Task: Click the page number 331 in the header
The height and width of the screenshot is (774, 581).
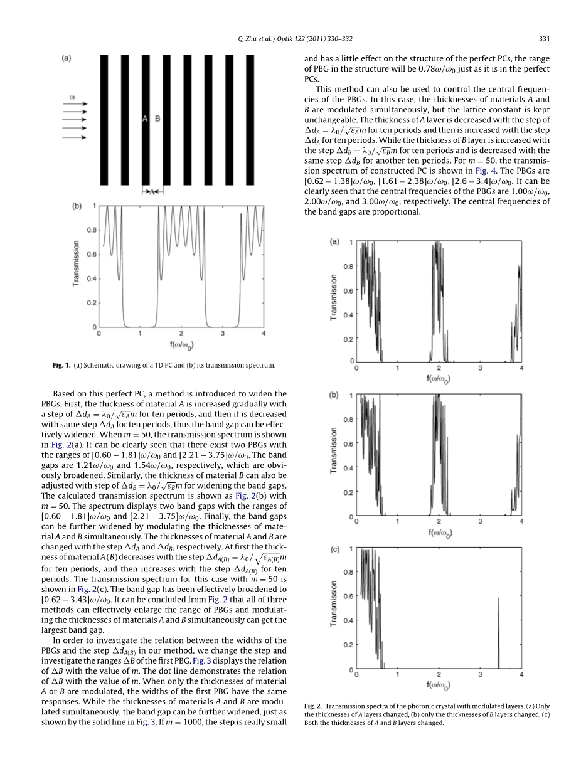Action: [x=544, y=40]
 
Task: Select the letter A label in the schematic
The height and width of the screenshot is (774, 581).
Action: [x=144, y=119]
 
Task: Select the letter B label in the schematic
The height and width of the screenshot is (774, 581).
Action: [x=157, y=119]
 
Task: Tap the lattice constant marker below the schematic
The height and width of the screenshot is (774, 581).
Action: [x=151, y=192]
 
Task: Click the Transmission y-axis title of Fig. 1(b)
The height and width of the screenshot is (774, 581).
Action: [x=76, y=263]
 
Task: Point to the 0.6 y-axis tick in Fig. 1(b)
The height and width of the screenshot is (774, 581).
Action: [x=92, y=254]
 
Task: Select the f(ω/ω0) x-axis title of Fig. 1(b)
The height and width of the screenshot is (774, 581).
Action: [x=181, y=345]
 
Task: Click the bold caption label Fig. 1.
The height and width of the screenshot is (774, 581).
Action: [x=63, y=365]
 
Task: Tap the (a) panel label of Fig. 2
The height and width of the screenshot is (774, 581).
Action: [x=334, y=241]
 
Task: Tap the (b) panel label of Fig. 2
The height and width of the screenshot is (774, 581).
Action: [x=334, y=395]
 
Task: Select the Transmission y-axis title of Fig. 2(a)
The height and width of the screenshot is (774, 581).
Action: [x=334, y=298]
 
